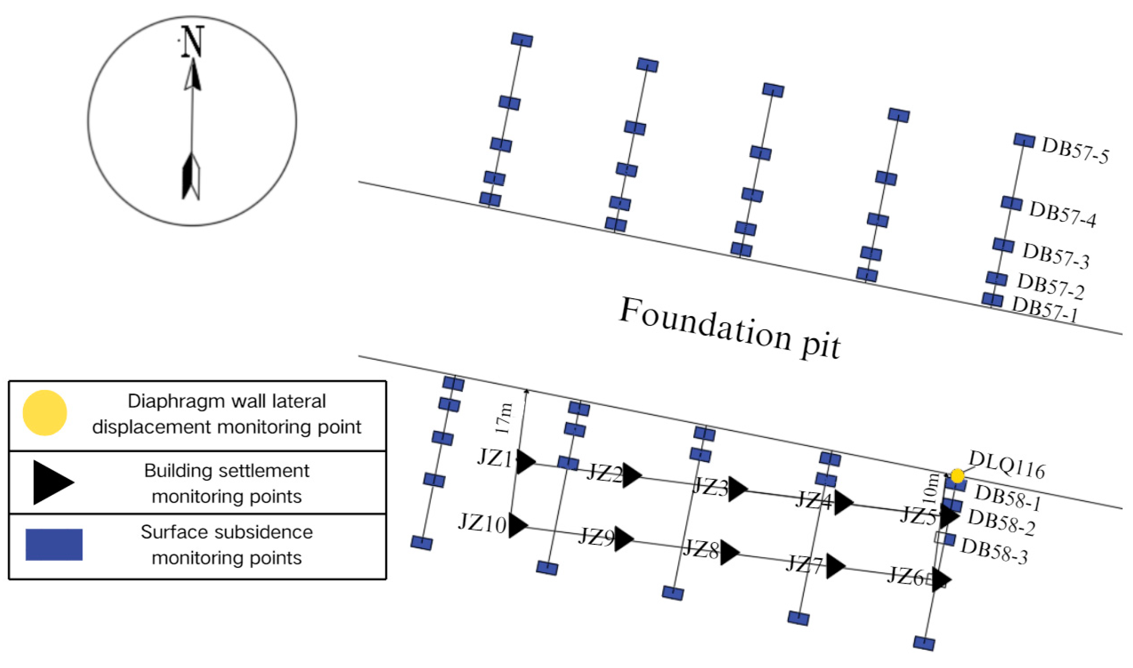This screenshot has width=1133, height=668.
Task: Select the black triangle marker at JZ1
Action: click(x=525, y=462)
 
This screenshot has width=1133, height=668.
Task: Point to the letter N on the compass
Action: click(x=193, y=42)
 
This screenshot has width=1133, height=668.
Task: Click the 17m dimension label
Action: click(x=504, y=419)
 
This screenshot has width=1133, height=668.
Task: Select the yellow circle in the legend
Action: click(x=45, y=413)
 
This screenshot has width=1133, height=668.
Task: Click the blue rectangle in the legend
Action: click(x=54, y=544)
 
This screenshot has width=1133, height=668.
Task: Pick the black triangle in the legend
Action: click(x=52, y=482)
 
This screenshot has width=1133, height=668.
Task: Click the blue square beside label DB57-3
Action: click(x=1003, y=245)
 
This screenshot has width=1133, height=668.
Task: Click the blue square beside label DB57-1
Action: click(x=993, y=299)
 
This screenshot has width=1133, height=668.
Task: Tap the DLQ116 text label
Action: click(x=1007, y=464)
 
